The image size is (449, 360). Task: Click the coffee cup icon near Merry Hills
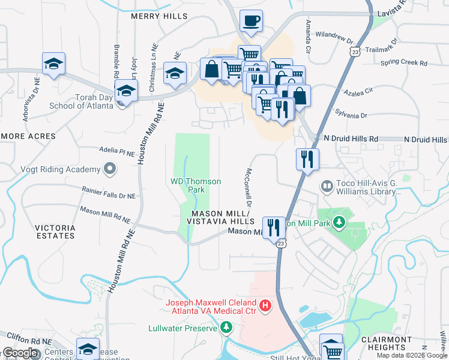252,21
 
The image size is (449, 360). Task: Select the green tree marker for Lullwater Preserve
226,328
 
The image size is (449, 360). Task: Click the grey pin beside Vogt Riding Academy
109,169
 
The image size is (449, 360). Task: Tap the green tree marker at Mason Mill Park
339,223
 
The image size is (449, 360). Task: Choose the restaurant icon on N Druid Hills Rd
307,160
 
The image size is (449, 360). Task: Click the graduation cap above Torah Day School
127,91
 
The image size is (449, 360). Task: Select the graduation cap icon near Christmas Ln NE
175,74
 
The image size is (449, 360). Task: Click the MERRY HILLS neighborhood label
159,17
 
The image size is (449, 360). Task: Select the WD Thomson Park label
196,185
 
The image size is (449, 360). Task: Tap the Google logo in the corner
20,353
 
